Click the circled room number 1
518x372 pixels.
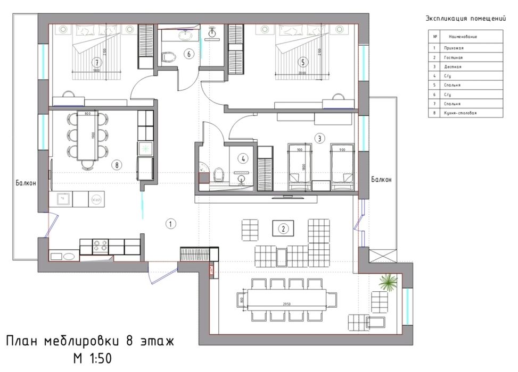pyautogui.click(x=170, y=224)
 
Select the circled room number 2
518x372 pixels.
pyautogui.click(x=284, y=229)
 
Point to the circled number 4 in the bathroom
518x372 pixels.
pyautogui.click(x=242, y=158)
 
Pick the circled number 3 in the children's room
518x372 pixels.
pyautogui.click(x=319, y=139)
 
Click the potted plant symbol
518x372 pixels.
pyautogui.click(x=390, y=282)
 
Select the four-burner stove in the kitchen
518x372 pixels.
pyautogui.click(x=102, y=246)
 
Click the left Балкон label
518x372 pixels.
pyautogui.click(x=26, y=183)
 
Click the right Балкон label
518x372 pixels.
pyautogui.click(x=381, y=180)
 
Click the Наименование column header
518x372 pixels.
pyautogui.click(x=463, y=37)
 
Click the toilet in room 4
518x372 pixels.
pyautogui.click(x=217, y=173)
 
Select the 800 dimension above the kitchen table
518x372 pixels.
pyautogui.click(x=88, y=113)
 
